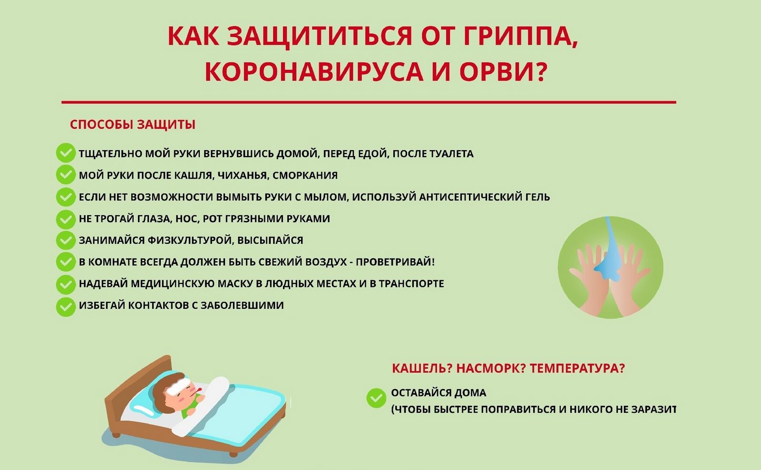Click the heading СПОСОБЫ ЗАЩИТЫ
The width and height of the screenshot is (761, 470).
[x=133, y=125]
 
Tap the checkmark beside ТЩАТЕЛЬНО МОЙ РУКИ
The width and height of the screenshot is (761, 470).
[x=66, y=153]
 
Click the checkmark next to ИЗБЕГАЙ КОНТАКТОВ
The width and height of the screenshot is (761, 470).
[x=66, y=307]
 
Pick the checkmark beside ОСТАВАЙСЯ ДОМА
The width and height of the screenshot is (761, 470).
[x=376, y=398]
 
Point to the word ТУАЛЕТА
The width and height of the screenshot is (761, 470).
[x=451, y=153]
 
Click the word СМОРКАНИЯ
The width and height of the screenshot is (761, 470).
[x=305, y=175]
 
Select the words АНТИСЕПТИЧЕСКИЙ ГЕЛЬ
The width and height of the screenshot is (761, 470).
[x=485, y=197]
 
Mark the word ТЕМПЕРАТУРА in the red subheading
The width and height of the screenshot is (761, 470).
[x=577, y=368]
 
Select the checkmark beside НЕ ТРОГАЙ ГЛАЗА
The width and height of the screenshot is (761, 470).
[x=66, y=219]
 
